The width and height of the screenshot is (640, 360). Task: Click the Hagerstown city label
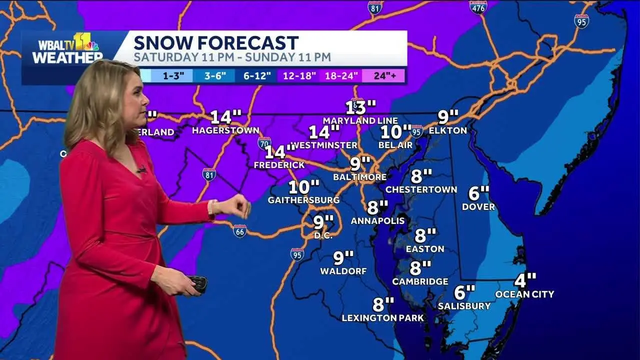(218, 130)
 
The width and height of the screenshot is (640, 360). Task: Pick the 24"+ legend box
(382, 76)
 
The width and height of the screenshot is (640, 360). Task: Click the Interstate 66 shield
(239, 231)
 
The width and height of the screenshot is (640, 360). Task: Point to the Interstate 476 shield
(478, 6)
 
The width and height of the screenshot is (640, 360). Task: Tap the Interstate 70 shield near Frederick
(264, 143)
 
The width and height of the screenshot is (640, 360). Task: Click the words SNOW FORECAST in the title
(216, 43)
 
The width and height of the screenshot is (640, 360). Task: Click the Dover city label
(478, 206)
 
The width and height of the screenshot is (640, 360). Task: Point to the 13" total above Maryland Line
(360, 107)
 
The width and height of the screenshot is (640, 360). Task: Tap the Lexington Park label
(382, 318)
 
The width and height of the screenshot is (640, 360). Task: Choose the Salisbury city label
(464, 305)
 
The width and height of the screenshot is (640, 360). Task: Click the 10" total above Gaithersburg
(304, 187)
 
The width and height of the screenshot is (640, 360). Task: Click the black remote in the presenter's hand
(198, 283)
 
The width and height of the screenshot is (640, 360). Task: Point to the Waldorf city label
(343, 271)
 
